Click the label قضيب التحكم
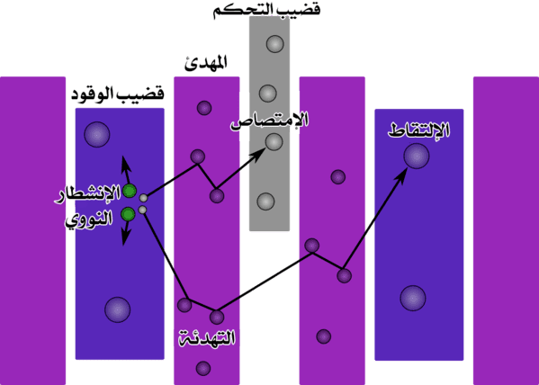click(x=267, y=8)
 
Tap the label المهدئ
click(x=206, y=63)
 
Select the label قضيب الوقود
click(x=118, y=94)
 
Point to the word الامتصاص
click(x=270, y=121)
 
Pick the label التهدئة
click(x=207, y=337)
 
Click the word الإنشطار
click(x=88, y=194)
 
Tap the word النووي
click(x=89, y=219)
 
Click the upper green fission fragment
click(x=130, y=191)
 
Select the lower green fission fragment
click(x=128, y=214)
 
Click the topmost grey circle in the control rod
click(x=275, y=44)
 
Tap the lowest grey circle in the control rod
click(x=265, y=201)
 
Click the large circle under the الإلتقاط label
click(x=417, y=156)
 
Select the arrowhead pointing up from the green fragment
click(x=125, y=162)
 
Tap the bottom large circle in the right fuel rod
click(x=413, y=298)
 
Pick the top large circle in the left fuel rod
click(x=97, y=134)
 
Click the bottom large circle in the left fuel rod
click(x=118, y=309)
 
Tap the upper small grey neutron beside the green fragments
click(x=143, y=198)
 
